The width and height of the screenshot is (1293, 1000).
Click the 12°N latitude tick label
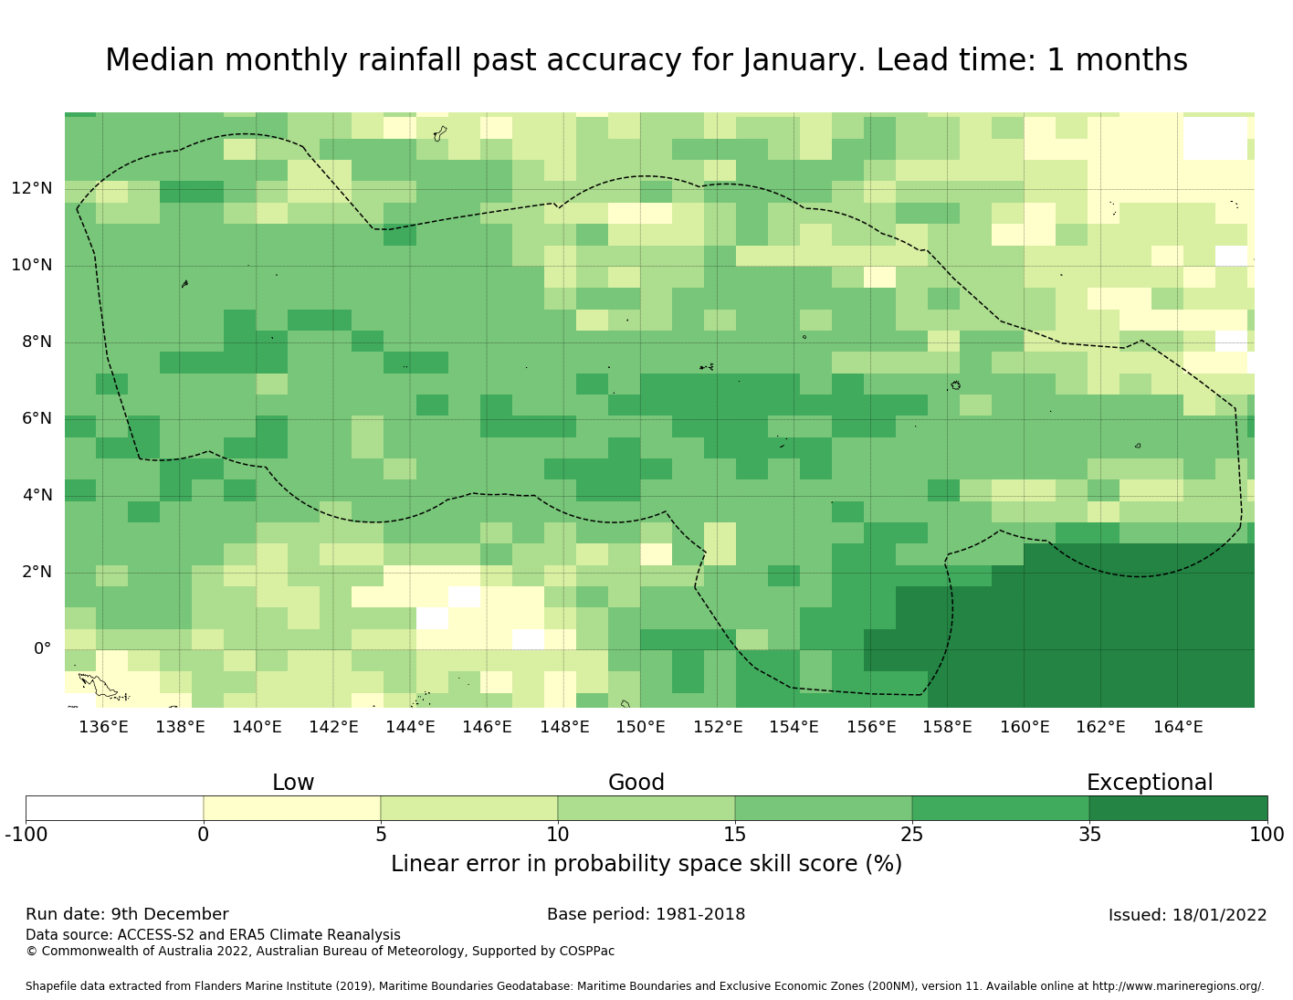tap(31, 189)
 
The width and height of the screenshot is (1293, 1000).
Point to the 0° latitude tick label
tap(43, 649)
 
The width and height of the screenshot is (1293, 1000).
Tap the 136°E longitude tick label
tap(103, 727)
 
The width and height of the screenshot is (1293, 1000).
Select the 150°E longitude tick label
tap(640, 727)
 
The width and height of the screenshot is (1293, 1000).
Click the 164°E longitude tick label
tap(1178, 727)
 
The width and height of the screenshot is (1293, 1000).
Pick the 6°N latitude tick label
tap(31, 419)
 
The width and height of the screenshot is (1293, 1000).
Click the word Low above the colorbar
tap(293, 783)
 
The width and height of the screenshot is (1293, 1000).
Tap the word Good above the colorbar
tap(636, 783)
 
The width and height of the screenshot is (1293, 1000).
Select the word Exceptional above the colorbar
tap(1149, 783)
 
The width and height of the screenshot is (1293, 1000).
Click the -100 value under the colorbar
tap(26, 834)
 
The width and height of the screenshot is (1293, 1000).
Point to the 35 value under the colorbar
tap(1089, 834)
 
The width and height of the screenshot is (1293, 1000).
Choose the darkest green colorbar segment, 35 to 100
tap(1178, 808)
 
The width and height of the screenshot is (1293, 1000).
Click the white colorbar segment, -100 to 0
tap(114, 808)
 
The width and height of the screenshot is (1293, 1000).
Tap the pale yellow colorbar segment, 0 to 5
tap(291, 808)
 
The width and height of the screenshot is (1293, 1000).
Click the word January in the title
tap(803, 60)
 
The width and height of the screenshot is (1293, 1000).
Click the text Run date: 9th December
tap(127, 914)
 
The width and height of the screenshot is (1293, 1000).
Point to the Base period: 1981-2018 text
tap(646, 914)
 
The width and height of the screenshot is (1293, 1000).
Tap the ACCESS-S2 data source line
tap(213, 935)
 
